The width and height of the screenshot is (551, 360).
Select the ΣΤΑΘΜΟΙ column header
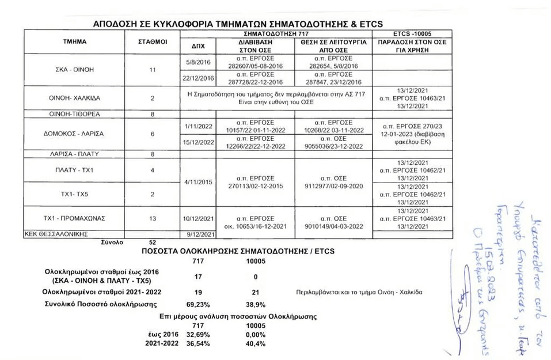click(153, 42)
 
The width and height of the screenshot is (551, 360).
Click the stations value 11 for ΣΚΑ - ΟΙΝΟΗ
click(153, 70)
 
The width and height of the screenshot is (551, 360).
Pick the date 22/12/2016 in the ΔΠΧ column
click(198, 78)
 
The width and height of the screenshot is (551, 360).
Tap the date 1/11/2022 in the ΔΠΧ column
click(198, 126)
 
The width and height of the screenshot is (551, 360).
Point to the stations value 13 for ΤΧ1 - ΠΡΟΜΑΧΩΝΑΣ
click(153, 218)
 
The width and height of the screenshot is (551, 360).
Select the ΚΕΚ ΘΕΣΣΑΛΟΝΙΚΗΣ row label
click(55, 234)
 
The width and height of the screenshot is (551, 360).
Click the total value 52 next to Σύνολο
click(153, 242)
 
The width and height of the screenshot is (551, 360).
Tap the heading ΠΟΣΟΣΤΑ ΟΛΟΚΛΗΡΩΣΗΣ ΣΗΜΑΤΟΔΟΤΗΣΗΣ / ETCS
click(238, 252)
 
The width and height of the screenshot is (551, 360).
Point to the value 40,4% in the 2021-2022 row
click(255, 344)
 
